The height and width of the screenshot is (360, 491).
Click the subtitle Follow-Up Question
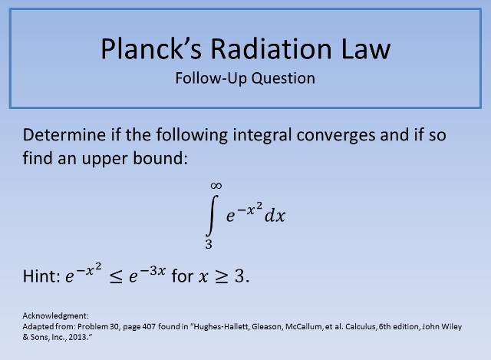click(x=245, y=78)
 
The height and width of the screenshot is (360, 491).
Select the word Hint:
click(x=40, y=276)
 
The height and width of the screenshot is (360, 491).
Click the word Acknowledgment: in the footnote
click(x=51, y=315)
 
